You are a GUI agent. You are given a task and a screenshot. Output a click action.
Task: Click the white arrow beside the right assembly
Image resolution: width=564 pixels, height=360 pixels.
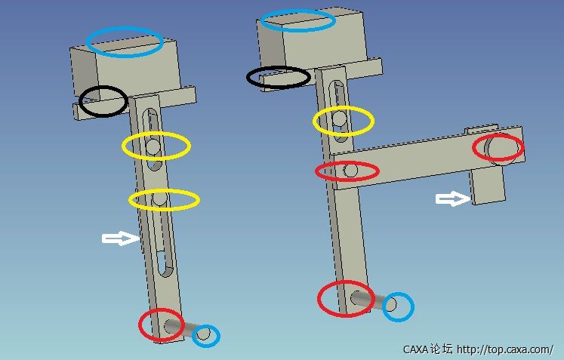click(453, 198)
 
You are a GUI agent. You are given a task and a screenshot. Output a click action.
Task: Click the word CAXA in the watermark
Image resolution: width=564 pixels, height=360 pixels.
click(415, 349)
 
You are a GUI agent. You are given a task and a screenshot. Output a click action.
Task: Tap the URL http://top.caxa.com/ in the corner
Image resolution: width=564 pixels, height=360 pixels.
click(505, 349)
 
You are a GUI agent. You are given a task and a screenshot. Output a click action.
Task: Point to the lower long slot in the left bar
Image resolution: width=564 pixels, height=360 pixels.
click(164, 245)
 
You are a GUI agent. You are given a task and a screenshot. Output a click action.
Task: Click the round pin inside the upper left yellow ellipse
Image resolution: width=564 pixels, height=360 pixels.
click(153, 146)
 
